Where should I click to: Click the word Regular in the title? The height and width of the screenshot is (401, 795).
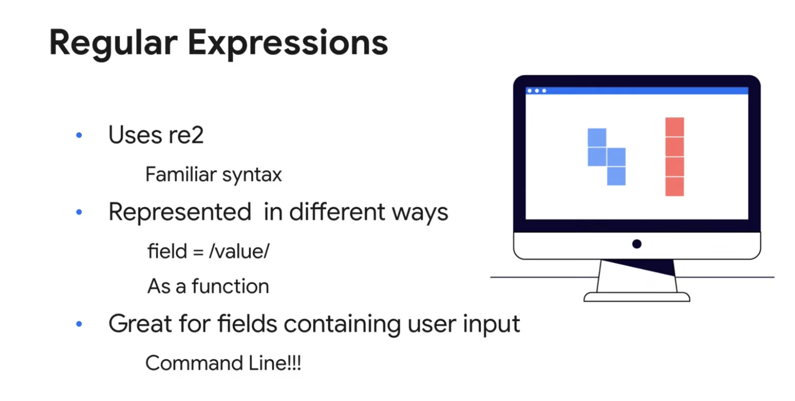tap(113, 44)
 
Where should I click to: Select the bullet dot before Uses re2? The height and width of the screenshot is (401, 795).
tap(79, 135)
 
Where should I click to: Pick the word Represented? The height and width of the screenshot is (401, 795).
tap(180, 213)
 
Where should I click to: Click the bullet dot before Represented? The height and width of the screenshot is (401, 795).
tap(79, 212)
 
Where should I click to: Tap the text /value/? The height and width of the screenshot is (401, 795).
tap(239, 251)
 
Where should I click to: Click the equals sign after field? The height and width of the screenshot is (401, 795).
tap(199, 252)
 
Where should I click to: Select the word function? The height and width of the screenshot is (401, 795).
tap(231, 286)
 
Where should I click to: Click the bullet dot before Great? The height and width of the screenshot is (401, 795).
tap(79, 323)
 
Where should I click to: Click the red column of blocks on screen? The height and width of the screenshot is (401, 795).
tap(674, 157)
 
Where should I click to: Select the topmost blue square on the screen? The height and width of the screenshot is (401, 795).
tap(597, 138)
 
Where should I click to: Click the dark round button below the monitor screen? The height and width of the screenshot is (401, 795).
tap(637, 244)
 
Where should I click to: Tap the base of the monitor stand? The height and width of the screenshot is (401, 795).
tap(637, 297)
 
